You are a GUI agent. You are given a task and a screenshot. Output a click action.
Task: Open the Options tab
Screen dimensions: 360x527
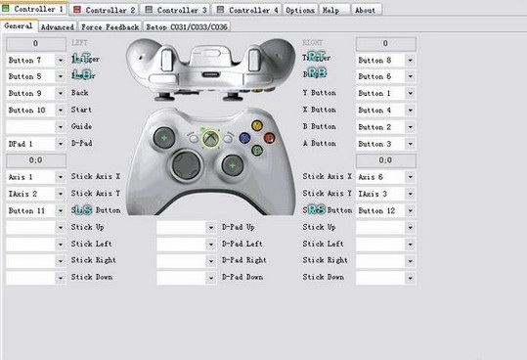[x=300, y=9]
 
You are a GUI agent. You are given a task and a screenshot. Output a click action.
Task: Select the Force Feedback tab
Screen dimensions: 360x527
[x=110, y=26]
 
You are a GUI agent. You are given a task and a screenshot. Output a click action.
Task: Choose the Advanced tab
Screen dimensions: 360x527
[x=57, y=26]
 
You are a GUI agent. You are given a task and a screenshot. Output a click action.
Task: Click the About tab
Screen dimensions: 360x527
[x=365, y=9]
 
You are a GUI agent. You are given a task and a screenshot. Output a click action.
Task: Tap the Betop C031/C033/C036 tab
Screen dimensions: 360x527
[x=188, y=26]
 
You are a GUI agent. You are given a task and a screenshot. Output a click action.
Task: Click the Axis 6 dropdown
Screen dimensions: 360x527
[x=385, y=177]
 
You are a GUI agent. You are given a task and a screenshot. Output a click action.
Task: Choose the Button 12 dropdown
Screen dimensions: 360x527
[x=385, y=210]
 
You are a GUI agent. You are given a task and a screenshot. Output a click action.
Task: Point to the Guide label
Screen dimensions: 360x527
[x=81, y=127]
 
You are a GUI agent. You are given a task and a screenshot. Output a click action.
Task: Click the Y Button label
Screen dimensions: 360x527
[x=319, y=94]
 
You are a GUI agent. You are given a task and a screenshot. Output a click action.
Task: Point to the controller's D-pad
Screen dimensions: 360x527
[x=185, y=163]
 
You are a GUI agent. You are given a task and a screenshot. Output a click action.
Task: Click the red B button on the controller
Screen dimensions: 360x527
[x=268, y=138]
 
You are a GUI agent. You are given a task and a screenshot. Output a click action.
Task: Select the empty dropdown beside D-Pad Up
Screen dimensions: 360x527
[x=186, y=227]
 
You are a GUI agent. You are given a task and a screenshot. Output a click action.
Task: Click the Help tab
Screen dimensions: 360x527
[x=330, y=9]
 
